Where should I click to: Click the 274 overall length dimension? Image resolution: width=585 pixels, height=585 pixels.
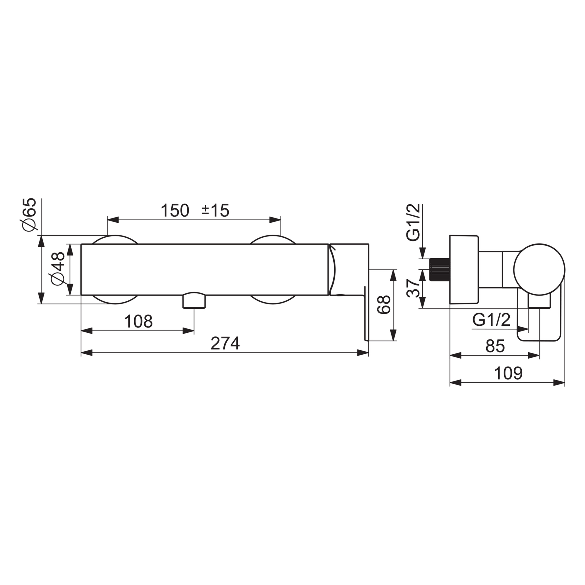coord(225,343)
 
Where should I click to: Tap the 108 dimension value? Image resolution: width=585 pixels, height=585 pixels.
coord(138,321)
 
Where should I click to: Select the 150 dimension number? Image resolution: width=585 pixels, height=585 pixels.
coord(175,211)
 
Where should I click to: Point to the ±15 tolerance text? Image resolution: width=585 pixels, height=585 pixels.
coord(215,211)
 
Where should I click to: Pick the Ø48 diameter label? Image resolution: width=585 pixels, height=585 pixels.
coord(58,269)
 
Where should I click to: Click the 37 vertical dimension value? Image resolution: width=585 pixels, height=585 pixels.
coord(414,288)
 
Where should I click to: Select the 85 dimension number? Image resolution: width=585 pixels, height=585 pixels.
coord(495,346)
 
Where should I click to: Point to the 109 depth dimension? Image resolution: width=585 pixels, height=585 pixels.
coord(508,373)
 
